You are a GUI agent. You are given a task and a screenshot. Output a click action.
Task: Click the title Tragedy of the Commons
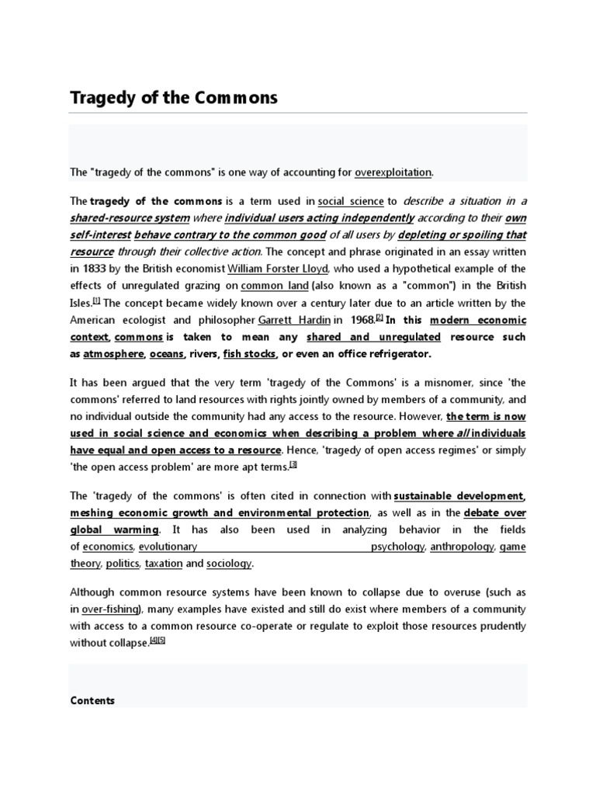pyautogui.click(x=174, y=99)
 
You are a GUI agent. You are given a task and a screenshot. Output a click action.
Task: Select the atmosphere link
pyautogui.click(x=113, y=354)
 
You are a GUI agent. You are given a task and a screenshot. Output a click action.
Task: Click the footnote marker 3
pyautogui.click(x=293, y=465)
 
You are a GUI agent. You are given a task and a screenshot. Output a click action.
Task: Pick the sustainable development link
pyautogui.click(x=459, y=495)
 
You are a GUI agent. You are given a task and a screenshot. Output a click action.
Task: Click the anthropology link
pyautogui.click(x=462, y=547)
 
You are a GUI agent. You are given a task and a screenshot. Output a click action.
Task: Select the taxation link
pyautogui.click(x=163, y=564)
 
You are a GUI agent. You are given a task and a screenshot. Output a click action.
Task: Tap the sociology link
pyautogui.click(x=229, y=564)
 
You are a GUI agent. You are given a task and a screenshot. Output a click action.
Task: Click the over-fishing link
pyautogui.click(x=110, y=609)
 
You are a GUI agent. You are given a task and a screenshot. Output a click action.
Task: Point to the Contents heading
pyautogui.click(x=92, y=700)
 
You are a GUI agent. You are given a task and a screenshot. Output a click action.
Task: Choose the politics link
pyautogui.click(x=122, y=564)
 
